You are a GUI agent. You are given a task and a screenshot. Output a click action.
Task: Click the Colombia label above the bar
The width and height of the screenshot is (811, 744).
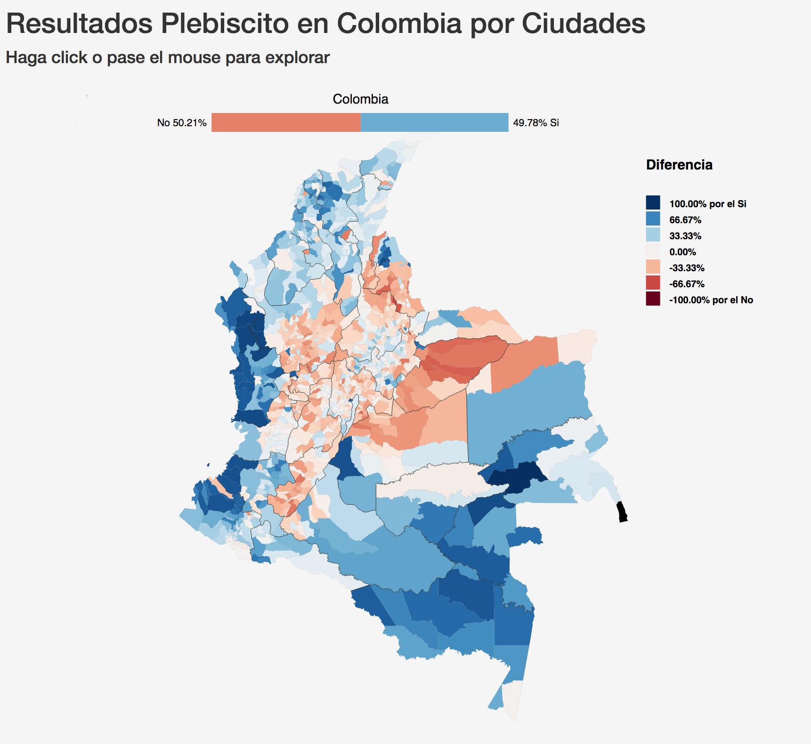click(360, 99)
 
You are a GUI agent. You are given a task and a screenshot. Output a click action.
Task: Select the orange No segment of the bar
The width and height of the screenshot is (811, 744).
click(286, 122)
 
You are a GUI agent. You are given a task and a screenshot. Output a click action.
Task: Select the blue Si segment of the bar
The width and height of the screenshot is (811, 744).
click(434, 122)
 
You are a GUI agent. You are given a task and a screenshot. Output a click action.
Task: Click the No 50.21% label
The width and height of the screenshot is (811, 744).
click(182, 123)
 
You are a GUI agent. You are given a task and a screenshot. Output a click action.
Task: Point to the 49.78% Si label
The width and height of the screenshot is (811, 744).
click(536, 123)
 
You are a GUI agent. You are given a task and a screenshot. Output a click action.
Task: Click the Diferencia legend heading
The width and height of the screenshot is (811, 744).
click(679, 165)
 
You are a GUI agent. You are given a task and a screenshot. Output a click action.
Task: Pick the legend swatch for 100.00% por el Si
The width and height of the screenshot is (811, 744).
click(653, 203)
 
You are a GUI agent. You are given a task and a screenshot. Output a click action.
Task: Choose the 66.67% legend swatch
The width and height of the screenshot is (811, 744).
click(653, 219)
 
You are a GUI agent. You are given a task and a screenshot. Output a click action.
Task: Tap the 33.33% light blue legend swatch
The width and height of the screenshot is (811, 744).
click(653, 235)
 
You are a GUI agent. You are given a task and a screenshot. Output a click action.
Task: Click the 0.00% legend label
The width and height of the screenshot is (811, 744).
click(682, 252)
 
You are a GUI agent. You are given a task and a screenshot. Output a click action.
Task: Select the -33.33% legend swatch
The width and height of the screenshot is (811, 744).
click(653, 267)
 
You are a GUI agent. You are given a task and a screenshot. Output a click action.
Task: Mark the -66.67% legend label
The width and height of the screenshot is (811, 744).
click(687, 284)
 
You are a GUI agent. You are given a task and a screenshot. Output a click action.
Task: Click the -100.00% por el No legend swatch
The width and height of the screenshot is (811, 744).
click(653, 299)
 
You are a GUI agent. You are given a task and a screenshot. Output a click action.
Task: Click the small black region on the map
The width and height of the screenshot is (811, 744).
click(622, 512)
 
